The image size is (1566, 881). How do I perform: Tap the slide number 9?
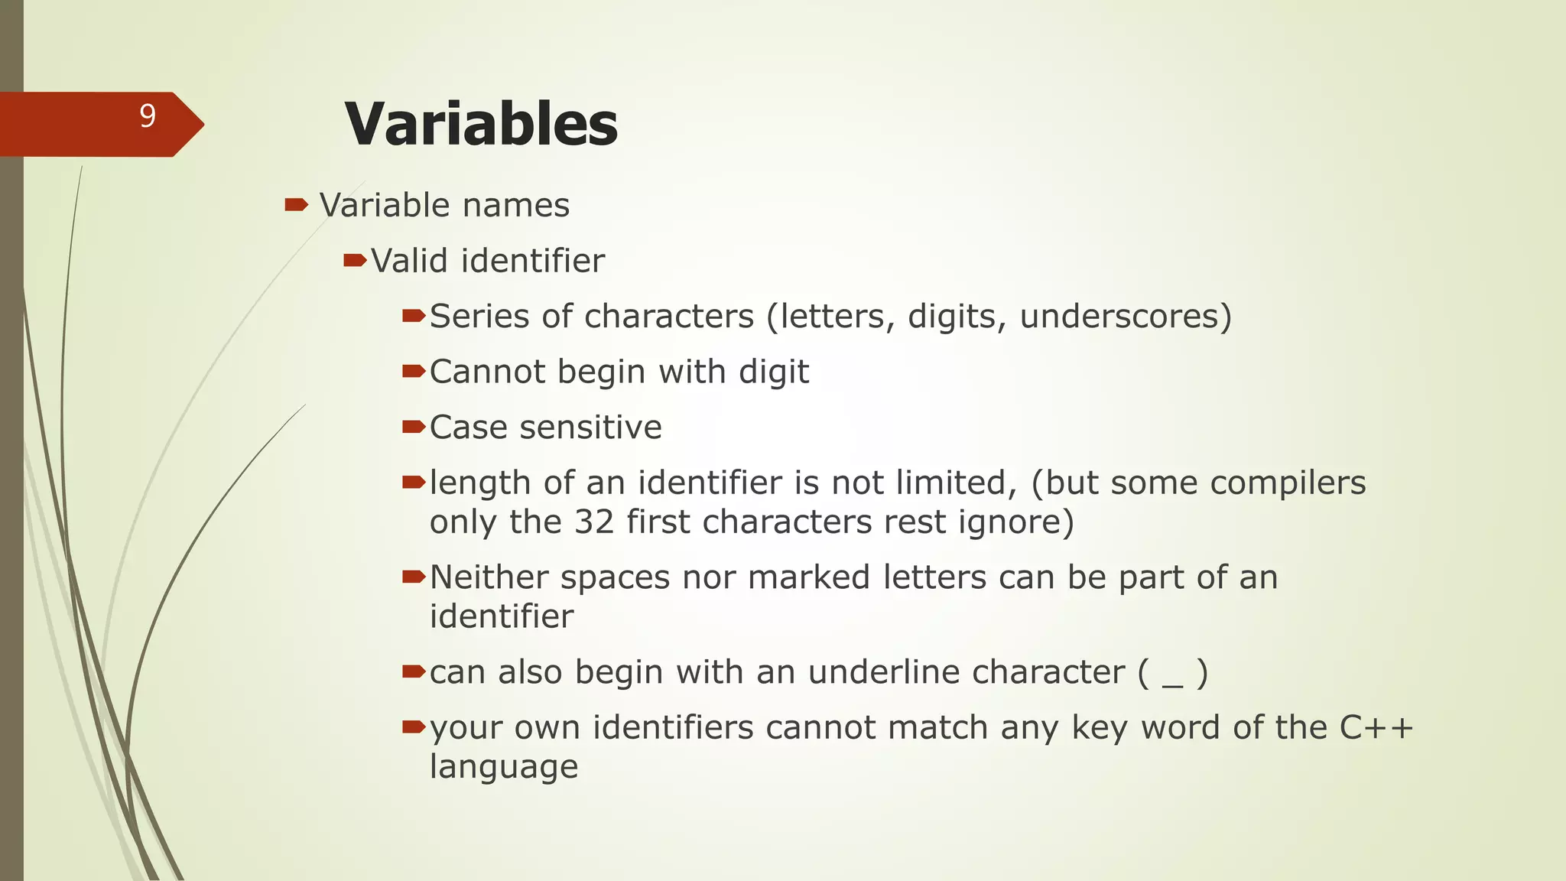pyautogui.click(x=148, y=116)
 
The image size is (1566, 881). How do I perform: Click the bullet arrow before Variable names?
pyautogui.click(x=296, y=204)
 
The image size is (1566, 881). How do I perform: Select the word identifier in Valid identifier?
pyautogui.click(x=533, y=261)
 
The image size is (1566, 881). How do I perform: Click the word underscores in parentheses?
pyautogui.click(x=1117, y=317)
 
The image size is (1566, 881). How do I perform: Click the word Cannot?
pyautogui.click(x=486, y=372)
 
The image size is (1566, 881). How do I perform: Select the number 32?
pyautogui.click(x=594, y=522)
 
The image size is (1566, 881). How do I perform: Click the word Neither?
pyautogui.click(x=489, y=577)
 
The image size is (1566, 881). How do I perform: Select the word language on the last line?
pyautogui.click(x=503, y=767)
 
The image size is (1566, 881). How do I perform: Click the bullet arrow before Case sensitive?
pyautogui.click(x=413, y=427)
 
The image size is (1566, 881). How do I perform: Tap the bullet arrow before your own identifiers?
pyautogui.click(x=413, y=727)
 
